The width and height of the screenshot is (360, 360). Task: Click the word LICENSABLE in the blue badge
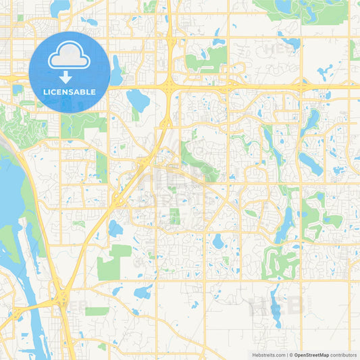70,91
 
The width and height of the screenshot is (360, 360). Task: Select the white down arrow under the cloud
70,76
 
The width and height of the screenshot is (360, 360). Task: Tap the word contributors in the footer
344,354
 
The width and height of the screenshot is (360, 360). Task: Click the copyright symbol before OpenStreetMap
290,354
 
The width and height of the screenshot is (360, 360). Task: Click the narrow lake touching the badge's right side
116,71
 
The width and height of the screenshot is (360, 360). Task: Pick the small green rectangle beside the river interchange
97,311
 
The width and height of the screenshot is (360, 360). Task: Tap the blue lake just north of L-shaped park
115,229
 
